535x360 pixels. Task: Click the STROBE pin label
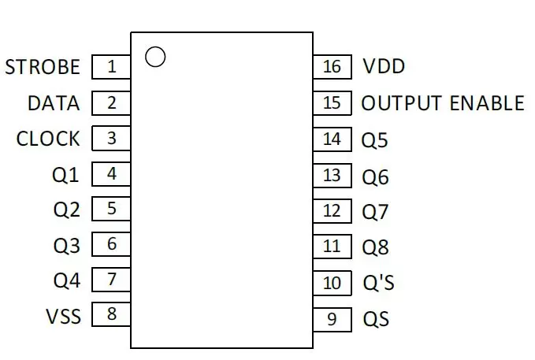pos(43,67)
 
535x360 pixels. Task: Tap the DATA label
pos(54,103)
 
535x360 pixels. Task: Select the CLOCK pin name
pos(48,139)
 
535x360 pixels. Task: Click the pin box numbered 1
pos(111,67)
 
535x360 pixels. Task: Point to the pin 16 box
pos(333,67)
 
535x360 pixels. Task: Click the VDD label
pos(384,66)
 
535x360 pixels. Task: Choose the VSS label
pos(64,317)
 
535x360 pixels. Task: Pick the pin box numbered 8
pos(111,314)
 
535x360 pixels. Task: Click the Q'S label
pos(379,283)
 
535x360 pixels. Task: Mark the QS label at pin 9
pos(376,319)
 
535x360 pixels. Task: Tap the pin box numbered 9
pos(333,319)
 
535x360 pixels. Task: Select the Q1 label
pos(65,175)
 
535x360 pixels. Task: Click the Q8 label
pos(375,247)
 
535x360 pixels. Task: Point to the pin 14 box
pos(333,139)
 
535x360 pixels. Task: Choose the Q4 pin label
pos(67,281)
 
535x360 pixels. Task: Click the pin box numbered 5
pos(111,209)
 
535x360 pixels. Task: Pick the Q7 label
pos(375,212)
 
